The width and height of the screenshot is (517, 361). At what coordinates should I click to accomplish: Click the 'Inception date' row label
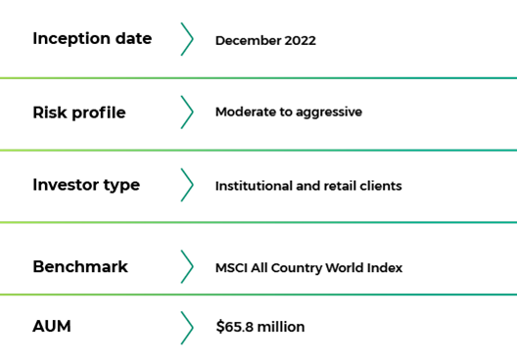pos(92,39)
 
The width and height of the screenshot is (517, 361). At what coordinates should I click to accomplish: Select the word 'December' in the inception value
pos(249,40)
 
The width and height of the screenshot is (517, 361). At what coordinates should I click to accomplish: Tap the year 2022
pos(300,40)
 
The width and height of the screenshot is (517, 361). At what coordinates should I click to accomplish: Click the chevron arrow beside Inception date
pos(187,39)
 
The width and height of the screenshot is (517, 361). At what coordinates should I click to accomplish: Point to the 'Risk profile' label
pos(79,113)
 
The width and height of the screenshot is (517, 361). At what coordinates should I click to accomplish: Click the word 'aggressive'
pos(329,113)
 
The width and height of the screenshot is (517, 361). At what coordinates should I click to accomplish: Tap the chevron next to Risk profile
pos(187,113)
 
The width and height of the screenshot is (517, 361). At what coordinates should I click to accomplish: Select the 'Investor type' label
pos(86,186)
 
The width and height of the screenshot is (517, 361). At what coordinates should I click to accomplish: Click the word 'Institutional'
pos(254,186)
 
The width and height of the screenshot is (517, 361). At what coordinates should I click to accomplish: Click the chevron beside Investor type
pos(187,185)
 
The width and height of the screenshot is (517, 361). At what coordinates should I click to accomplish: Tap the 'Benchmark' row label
pos(80,266)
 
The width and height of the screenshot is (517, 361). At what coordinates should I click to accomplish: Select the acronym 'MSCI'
pos(231,268)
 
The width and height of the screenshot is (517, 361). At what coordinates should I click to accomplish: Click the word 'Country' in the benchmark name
pos(297,268)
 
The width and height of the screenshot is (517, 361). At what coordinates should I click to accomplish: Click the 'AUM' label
pos(52,327)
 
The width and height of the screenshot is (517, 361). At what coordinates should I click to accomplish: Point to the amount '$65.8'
pos(235,327)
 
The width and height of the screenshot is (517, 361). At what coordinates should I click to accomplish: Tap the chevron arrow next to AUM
pos(187,328)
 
